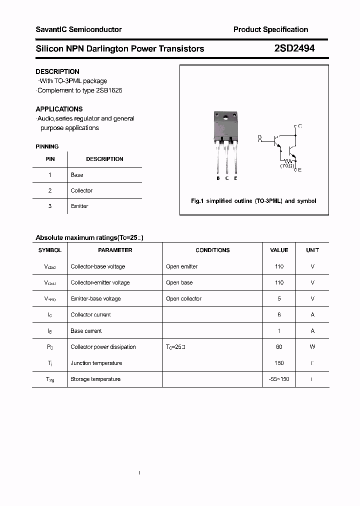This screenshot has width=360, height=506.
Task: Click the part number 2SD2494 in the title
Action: click(294, 48)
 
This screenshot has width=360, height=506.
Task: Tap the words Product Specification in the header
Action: click(270, 29)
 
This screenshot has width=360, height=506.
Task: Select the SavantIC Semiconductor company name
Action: click(78, 29)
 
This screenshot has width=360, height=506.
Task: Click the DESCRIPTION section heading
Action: click(57, 71)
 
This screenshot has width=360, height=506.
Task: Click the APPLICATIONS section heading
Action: click(59, 109)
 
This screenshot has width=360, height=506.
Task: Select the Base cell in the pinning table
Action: click(77, 175)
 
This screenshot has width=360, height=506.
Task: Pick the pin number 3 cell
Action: click(50, 206)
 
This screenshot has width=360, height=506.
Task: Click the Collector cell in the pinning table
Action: click(81, 190)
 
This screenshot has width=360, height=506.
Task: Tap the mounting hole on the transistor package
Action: click(225, 119)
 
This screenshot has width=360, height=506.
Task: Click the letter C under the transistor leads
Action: click(227, 178)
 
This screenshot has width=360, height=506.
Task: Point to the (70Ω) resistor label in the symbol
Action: click(287, 165)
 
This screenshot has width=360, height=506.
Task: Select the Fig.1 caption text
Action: click(253, 201)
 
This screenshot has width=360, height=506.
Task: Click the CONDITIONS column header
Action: click(212, 250)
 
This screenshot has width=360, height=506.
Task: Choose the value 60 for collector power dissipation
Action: click(279, 347)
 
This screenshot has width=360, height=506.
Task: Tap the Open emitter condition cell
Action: click(181, 266)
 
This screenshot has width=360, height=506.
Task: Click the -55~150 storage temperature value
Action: click(279, 379)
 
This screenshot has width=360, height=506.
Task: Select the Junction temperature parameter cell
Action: click(96, 363)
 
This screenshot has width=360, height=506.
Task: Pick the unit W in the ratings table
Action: click(312, 347)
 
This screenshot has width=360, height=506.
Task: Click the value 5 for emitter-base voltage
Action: click(279, 298)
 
